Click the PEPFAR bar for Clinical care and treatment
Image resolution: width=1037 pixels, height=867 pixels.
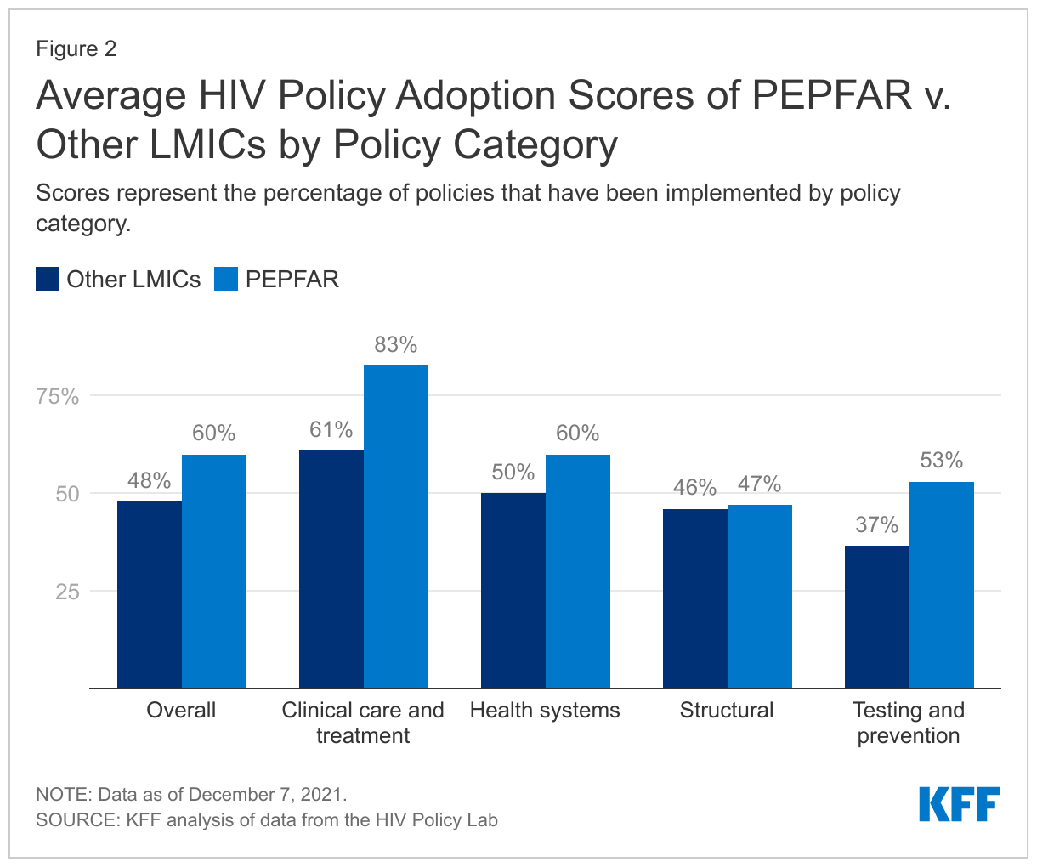396,526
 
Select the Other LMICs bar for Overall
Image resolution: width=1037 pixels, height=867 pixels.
150,594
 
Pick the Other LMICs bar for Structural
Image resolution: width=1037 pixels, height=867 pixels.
695,598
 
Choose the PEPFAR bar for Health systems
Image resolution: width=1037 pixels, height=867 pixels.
578,571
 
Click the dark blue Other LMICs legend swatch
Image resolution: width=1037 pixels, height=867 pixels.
48,280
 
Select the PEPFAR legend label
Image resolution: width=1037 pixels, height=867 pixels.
292,280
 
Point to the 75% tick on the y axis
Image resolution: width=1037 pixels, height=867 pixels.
58,397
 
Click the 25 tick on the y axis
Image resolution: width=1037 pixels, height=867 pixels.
67,592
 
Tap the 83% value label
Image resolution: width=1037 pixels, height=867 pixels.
396,345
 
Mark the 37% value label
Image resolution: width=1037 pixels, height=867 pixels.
877,525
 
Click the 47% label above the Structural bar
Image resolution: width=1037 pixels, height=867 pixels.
759,484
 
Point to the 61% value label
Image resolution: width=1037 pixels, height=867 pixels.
331,430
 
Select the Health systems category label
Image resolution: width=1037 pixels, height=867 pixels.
545,711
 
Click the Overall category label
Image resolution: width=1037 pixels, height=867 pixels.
181,711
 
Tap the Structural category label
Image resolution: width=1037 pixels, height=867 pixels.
727,711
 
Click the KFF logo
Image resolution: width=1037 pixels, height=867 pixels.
959,804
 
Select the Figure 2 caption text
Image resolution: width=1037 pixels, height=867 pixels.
76,49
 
